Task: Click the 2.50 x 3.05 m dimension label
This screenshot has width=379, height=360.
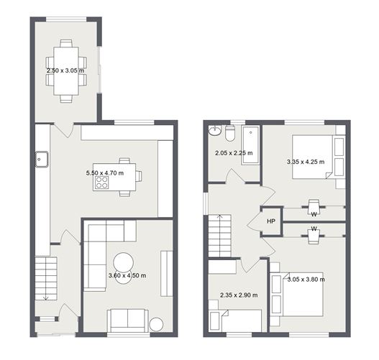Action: pyautogui.click(x=65, y=71)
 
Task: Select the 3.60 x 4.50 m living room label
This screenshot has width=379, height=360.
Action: pyautogui.click(x=127, y=275)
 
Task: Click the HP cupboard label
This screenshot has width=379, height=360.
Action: pyautogui.click(x=270, y=221)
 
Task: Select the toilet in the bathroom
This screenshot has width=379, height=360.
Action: pyautogui.click(x=229, y=133)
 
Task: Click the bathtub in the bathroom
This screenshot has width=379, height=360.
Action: pyautogui.click(x=250, y=144)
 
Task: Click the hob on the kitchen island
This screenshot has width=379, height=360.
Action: pyautogui.click(x=101, y=185)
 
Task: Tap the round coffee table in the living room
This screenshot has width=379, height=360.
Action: pyautogui.click(x=124, y=261)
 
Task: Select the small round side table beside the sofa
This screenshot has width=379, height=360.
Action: pyautogui.click(x=156, y=325)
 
